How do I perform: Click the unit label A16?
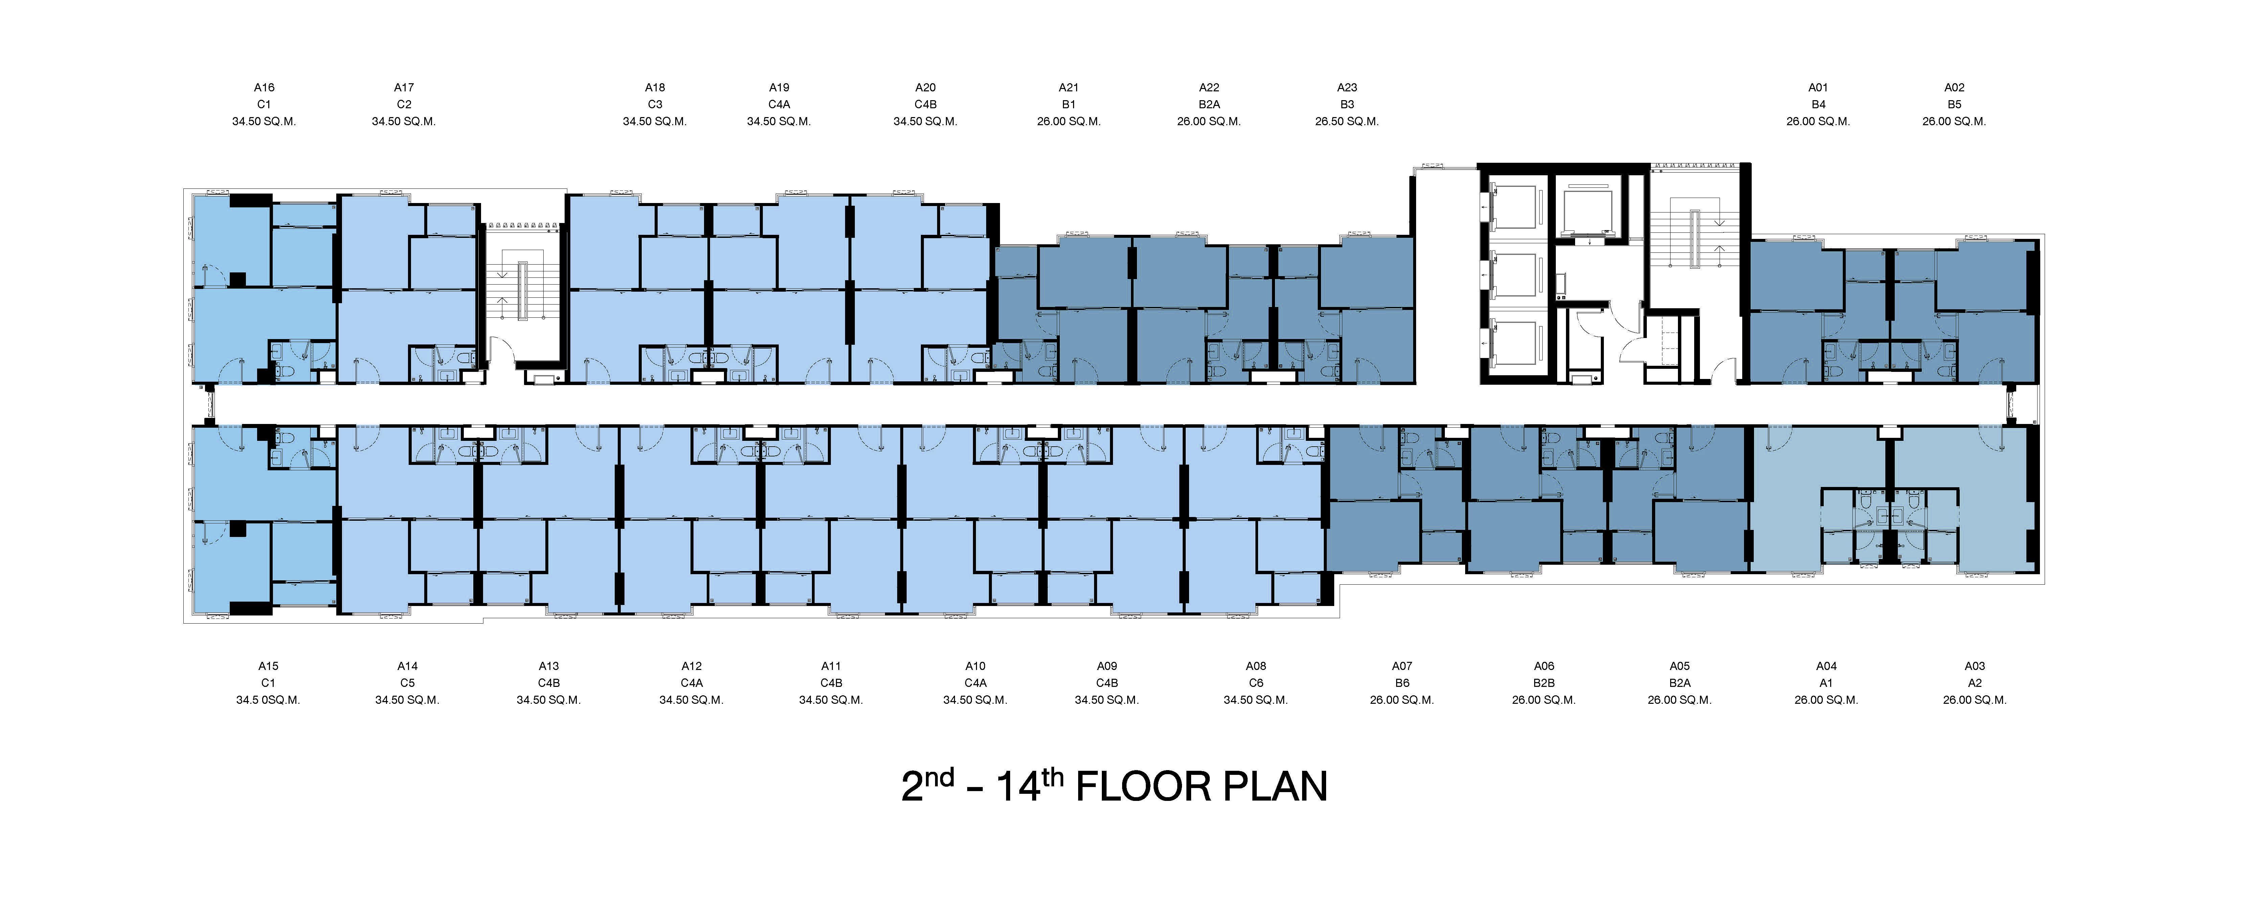(x=264, y=87)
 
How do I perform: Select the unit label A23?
(x=1347, y=87)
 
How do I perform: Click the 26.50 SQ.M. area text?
(x=1347, y=121)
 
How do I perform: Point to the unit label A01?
(x=1818, y=87)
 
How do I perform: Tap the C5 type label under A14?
(x=407, y=683)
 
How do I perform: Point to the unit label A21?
(x=1068, y=87)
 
